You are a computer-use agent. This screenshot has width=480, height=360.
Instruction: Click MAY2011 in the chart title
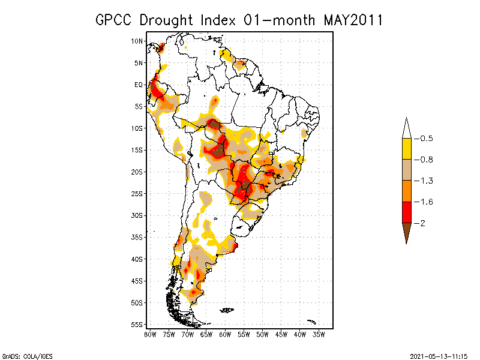coord(353,20)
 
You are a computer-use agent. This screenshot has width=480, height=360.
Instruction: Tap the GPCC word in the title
coord(115,20)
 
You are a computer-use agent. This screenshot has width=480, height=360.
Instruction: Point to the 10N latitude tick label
coord(137,41)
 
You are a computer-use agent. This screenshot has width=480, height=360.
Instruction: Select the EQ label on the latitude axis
coord(139,85)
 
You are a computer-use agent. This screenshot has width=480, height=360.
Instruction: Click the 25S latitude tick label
coord(137,193)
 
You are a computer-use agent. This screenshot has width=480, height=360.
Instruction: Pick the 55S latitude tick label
coord(137,324)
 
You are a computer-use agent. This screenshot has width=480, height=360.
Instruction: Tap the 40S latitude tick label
coord(137,259)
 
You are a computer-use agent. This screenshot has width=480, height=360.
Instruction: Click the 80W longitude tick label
coord(150,334)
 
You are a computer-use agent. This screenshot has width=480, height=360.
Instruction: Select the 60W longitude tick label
coord(225,334)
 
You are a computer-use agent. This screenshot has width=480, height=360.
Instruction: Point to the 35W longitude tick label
coord(319,334)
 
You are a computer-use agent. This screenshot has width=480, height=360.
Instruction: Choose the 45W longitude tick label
coord(281,334)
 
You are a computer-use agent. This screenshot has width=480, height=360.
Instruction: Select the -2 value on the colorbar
coord(422,223)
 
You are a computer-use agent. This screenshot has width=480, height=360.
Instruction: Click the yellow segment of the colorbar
coord(406,149)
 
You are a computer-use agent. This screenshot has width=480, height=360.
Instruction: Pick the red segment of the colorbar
coord(406,212)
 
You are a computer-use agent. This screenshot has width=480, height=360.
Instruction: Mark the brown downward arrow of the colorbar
coord(406,232)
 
